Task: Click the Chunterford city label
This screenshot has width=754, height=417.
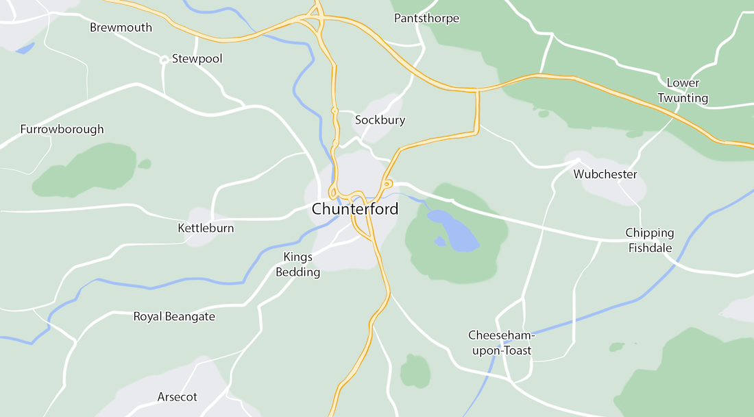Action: [x=354, y=209]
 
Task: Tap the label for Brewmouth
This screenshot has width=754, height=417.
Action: [x=121, y=28]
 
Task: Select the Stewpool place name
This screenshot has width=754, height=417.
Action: [x=197, y=59]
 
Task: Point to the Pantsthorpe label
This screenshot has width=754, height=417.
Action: [x=426, y=19]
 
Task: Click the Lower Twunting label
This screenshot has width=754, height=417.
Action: [x=683, y=91]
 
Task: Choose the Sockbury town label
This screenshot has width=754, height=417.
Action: [x=380, y=120]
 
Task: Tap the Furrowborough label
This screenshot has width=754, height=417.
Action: [x=62, y=129]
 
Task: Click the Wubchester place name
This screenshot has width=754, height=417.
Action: [x=605, y=174]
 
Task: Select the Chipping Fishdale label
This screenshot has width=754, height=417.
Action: [x=650, y=241]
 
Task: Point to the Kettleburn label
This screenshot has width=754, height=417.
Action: [x=206, y=228]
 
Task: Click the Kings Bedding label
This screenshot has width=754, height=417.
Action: [x=298, y=265]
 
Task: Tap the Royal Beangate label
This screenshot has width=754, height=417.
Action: [x=174, y=317]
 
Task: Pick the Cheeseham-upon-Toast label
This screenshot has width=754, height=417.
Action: [x=500, y=344]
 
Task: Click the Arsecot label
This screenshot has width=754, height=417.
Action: [x=177, y=397]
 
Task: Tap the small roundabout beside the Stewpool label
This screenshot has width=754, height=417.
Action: [x=165, y=60]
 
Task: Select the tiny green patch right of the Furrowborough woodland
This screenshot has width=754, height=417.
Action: [x=144, y=164]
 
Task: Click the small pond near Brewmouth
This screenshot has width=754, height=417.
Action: [x=25, y=49]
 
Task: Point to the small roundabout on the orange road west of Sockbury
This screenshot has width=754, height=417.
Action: [x=335, y=110]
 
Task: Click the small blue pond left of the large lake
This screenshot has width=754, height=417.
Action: [x=439, y=241]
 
